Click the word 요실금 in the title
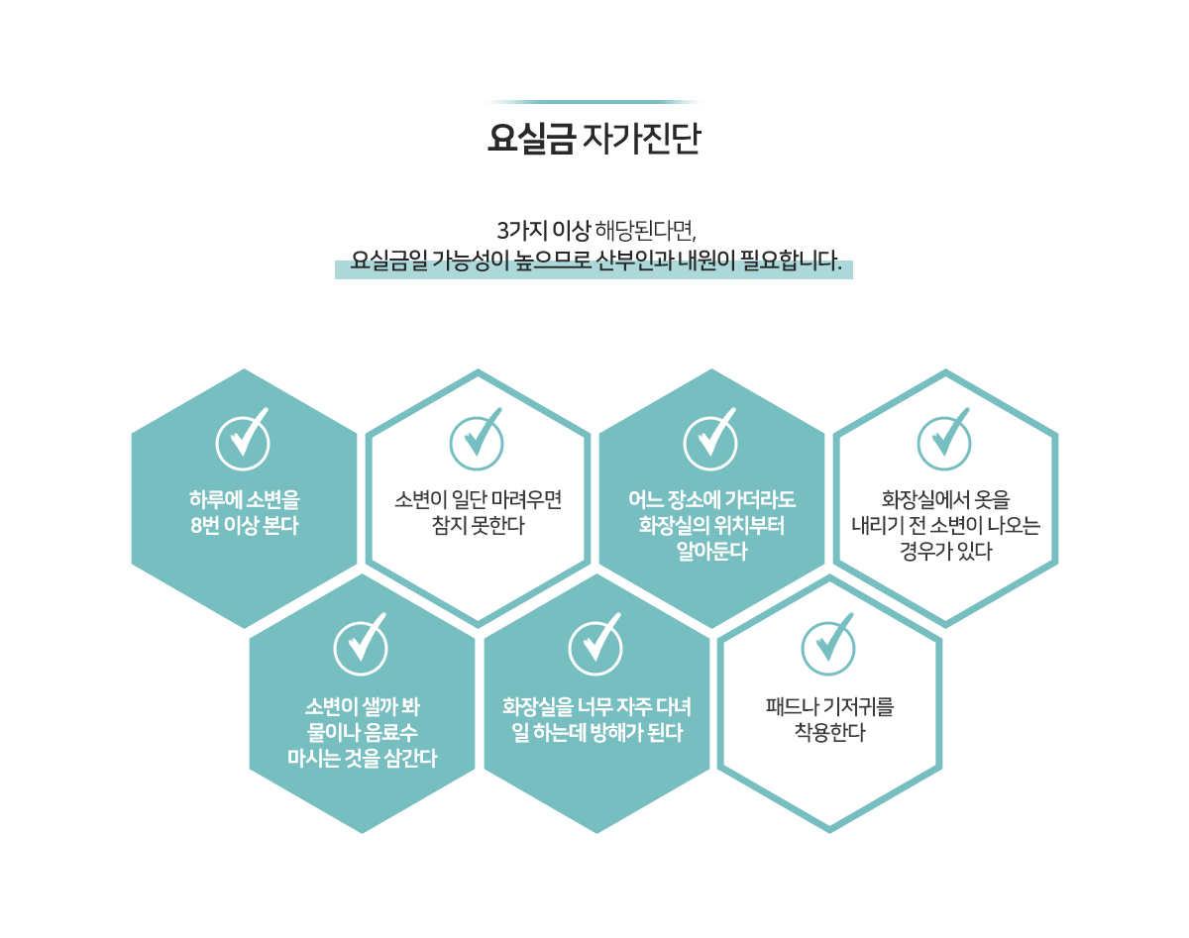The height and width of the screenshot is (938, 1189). point(531,138)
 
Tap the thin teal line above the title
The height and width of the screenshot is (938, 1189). point(594,102)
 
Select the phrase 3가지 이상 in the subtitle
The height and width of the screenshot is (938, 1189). point(544,231)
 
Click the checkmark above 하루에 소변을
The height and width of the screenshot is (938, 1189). point(243,440)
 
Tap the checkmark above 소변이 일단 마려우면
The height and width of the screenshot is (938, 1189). point(477,440)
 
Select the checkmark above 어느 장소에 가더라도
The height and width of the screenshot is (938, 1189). point(710,440)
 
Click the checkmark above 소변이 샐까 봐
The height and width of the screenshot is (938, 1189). point(361,645)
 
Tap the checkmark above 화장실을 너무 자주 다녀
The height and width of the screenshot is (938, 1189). point(595,645)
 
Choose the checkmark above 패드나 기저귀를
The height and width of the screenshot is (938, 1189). point(828,645)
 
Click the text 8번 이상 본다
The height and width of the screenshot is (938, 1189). point(244,525)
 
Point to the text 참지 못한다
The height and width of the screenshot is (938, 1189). point(478,525)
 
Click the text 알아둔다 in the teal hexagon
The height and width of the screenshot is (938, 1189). point(711,551)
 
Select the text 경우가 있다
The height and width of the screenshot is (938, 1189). point(946,551)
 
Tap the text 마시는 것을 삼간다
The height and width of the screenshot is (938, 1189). point(362,758)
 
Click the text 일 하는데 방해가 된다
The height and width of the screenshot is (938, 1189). point(596,732)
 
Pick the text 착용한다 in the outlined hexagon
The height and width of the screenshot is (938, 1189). point(830,732)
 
